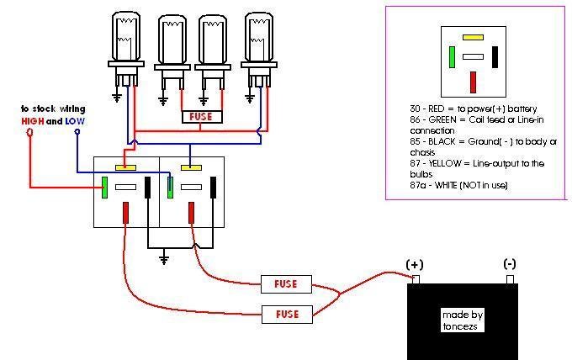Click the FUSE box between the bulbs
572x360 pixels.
202,117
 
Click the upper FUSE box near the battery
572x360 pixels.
286,283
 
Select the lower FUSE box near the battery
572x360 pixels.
286,314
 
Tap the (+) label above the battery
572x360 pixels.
415,264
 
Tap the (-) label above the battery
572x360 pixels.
510,264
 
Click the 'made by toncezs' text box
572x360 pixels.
463,320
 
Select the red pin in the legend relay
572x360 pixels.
474,82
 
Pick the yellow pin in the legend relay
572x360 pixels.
473,38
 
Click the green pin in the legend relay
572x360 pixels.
452,56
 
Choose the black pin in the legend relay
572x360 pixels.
495,56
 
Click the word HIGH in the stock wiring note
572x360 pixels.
33,121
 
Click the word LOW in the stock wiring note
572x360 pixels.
76,121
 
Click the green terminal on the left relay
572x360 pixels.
104,188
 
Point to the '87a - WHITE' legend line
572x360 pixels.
454,184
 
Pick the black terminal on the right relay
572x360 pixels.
214,187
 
